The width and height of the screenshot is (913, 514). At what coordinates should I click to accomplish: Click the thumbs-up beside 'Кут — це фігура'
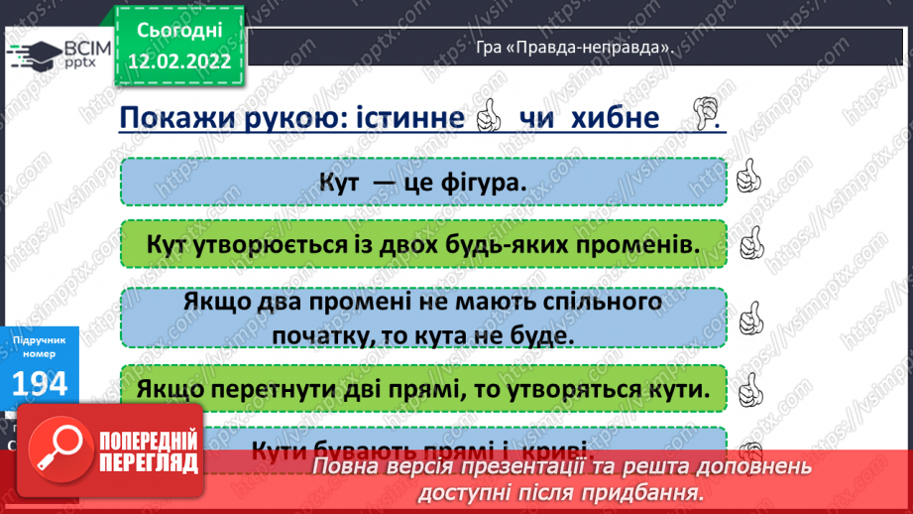tap(748, 180)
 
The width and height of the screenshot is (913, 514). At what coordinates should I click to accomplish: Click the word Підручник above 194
tap(39, 337)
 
